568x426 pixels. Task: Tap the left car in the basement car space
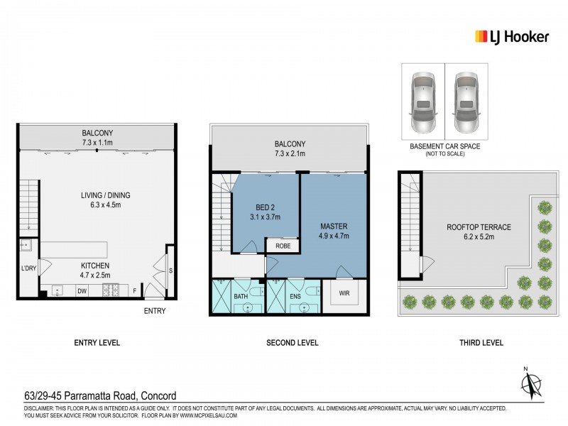[424, 102]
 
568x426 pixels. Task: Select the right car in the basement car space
[466, 102]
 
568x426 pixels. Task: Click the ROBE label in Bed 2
[281, 246]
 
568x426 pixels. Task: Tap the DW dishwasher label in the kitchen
[82, 290]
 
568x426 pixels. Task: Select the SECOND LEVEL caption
[292, 343]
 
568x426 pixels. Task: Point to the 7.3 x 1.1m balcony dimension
[97, 142]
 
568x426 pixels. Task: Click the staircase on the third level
[410, 214]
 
